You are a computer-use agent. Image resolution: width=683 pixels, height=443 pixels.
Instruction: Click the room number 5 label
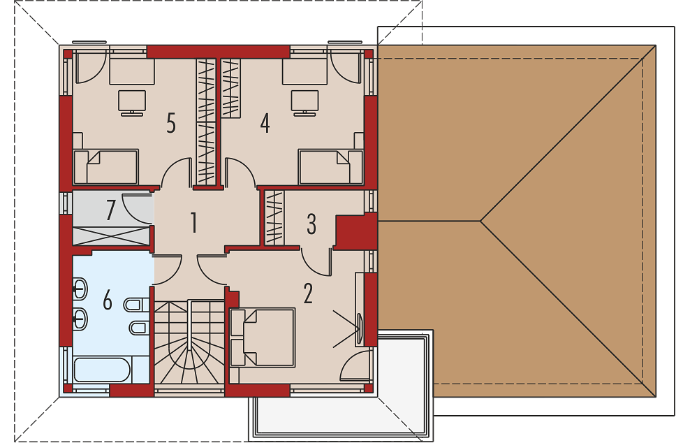click(x=171, y=123)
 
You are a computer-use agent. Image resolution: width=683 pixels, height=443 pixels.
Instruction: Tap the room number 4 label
click(x=265, y=123)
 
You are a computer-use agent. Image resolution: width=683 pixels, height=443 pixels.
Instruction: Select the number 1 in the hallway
click(x=194, y=222)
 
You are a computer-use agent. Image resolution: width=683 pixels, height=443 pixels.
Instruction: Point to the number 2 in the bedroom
click(x=308, y=293)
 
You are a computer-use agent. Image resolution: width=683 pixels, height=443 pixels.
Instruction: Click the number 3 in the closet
click(x=311, y=224)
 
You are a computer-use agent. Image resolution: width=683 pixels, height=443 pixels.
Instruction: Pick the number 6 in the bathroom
click(x=107, y=300)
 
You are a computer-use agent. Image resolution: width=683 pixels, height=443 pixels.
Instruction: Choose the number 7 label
click(x=111, y=210)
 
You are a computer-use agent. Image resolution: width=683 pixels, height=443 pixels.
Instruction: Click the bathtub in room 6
click(x=102, y=370)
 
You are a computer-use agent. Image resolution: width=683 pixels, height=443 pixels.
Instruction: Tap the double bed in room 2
click(x=263, y=337)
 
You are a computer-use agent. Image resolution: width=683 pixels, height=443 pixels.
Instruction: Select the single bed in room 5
click(x=106, y=166)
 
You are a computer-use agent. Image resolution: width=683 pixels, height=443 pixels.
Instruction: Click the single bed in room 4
click(x=330, y=166)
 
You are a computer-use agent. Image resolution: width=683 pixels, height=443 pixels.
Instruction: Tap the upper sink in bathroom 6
click(x=80, y=288)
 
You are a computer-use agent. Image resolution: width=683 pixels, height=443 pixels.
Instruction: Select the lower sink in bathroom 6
click(x=80, y=319)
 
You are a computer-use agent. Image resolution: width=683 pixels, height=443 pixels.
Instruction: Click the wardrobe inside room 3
click(x=274, y=217)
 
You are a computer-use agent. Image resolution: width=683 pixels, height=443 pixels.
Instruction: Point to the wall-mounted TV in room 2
click(x=360, y=328)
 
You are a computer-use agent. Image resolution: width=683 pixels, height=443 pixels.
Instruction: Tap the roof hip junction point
click(x=480, y=221)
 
